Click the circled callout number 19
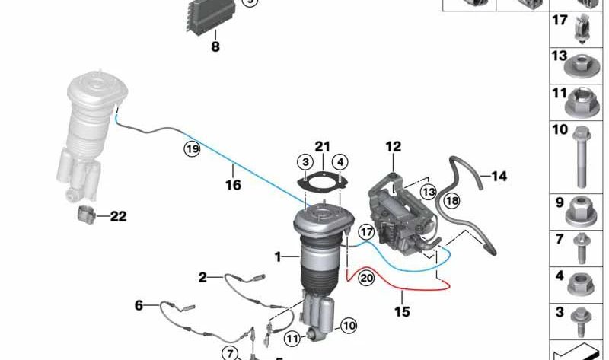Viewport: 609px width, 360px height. click(x=191, y=150)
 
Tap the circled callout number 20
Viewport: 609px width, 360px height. click(x=366, y=279)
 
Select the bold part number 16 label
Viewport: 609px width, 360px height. click(x=233, y=185)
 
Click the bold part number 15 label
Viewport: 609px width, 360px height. click(x=401, y=311)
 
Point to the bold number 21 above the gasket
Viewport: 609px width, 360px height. click(x=323, y=146)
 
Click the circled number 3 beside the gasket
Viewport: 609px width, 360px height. click(x=304, y=162)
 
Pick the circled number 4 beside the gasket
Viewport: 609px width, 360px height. click(x=340, y=162)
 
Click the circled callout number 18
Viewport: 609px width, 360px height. click(x=452, y=201)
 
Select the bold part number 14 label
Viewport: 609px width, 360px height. click(x=499, y=177)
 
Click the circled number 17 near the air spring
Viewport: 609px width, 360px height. click(x=367, y=231)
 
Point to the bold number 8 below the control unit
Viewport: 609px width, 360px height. click(x=215, y=47)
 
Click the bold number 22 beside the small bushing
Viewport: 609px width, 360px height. click(x=117, y=216)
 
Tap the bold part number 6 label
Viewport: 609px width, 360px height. click(x=139, y=305)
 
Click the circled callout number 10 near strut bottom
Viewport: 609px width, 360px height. click(x=348, y=326)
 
